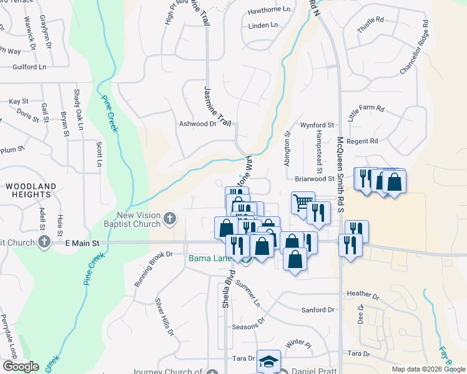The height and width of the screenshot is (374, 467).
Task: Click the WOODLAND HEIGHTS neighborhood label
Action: click(x=31, y=190)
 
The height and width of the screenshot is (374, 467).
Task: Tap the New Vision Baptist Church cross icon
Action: click(x=170, y=219)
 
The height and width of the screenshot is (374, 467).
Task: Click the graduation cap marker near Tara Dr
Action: click(x=268, y=361)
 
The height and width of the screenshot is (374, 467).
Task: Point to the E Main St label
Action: click(x=82, y=242)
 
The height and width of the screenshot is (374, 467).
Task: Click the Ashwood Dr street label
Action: click(x=197, y=123)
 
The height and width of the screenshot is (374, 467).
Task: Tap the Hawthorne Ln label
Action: click(x=269, y=10)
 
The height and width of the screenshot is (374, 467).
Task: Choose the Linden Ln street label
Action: click(x=262, y=26)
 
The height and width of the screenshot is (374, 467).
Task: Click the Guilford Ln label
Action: click(x=29, y=66)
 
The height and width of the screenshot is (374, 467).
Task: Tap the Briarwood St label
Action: click(x=315, y=178)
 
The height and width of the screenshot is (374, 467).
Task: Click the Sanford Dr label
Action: click(x=317, y=310)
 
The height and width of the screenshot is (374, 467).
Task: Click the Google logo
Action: click(x=21, y=367)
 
